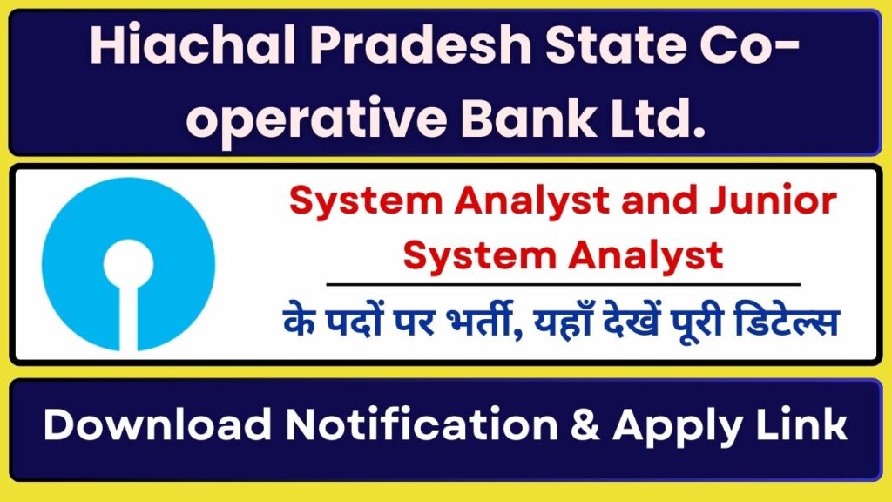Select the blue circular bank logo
tap(128, 261)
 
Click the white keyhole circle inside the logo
tap(128, 258)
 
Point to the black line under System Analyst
tap(563, 284)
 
